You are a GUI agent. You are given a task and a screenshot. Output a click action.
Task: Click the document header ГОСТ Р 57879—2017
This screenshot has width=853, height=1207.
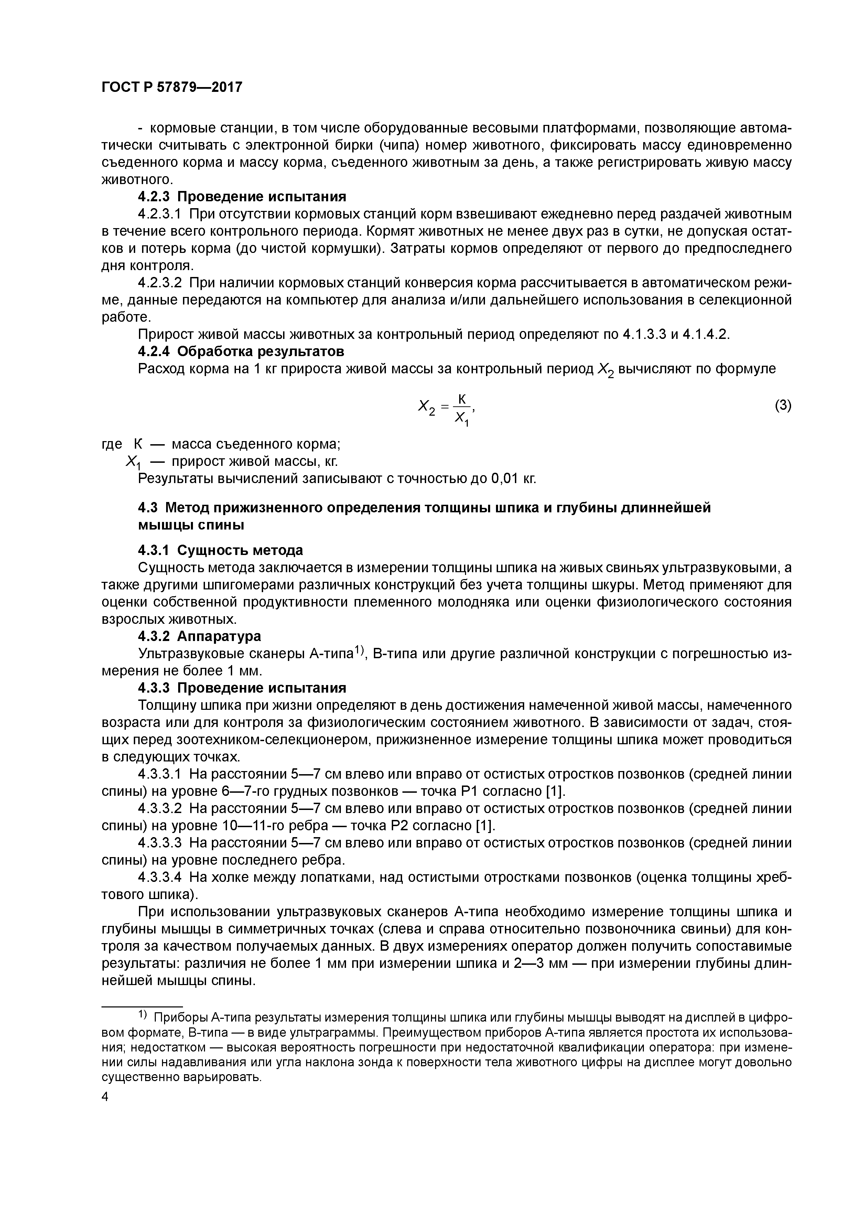(172, 87)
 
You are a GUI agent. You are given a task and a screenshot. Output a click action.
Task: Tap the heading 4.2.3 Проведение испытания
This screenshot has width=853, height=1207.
(242, 196)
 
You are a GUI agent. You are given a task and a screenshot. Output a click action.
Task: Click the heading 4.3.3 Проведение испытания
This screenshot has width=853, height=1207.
(242, 687)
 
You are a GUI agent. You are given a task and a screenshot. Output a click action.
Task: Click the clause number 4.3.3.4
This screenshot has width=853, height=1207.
(159, 877)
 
